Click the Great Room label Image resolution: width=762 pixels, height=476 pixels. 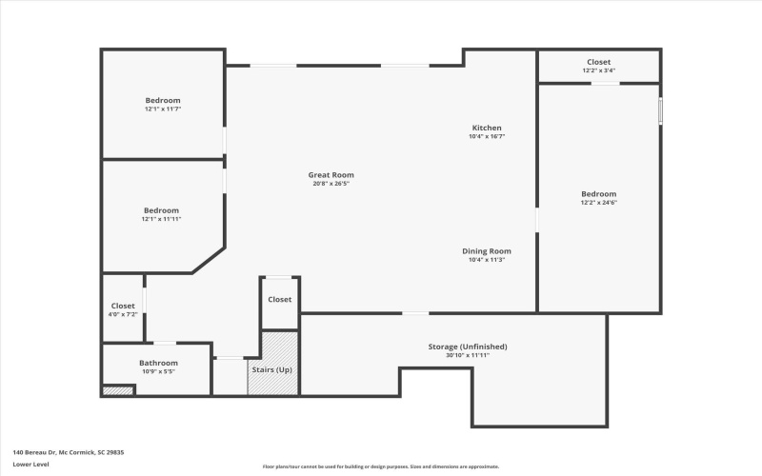pos(331,174)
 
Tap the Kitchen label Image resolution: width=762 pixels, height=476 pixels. pos(486,128)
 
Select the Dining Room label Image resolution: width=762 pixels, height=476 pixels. pos(486,250)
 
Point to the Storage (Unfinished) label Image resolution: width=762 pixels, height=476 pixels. pos(467,347)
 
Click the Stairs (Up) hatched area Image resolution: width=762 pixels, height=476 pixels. pos(272,364)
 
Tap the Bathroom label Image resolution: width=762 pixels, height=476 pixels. pos(158,363)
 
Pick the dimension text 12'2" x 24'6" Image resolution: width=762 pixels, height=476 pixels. pos(599,203)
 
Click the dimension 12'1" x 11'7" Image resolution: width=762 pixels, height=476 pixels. pos(162,109)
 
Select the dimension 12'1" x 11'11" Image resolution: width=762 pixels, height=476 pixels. pos(161,219)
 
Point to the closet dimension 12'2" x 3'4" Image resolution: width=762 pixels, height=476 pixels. pos(599,70)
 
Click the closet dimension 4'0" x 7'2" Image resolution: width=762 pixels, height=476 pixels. pos(123,314)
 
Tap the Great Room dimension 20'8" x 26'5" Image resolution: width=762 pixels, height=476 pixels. pos(331,184)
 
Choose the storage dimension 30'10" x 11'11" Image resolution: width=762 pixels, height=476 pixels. pos(467,355)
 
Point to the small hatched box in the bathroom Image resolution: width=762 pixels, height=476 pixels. pos(118,389)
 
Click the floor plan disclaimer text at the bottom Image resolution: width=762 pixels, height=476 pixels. pos(381,466)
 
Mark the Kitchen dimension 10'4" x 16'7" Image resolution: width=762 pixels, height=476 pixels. pos(486,136)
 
